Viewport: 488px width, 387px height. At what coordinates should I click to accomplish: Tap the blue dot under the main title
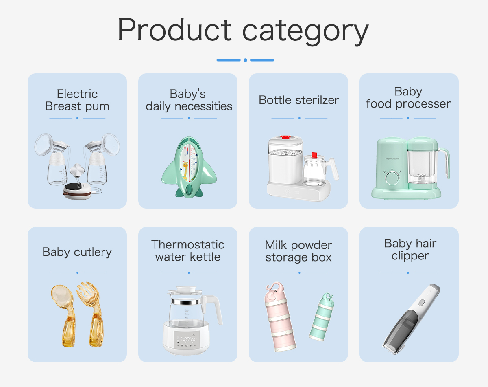tap(245, 60)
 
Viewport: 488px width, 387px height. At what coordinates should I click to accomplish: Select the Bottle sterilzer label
tap(299, 100)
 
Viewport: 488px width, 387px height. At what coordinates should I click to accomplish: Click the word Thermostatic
tap(188, 245)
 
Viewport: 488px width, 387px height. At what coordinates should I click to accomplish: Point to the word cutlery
tap(93, 252)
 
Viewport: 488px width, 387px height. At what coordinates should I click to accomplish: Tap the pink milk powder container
tap(279, 317)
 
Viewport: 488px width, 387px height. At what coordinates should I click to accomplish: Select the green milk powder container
tap(322, 317)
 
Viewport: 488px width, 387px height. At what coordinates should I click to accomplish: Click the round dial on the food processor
tap(392, 178)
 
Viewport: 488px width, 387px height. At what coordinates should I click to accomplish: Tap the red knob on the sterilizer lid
tap(285, 137)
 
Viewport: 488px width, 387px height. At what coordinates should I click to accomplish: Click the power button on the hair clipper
tap(421, 303)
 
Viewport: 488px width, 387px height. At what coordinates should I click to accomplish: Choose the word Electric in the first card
tap(77, 94)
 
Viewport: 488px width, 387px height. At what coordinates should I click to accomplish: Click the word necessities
tap(203, 106)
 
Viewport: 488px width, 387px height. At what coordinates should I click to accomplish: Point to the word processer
tap(423, 104)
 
